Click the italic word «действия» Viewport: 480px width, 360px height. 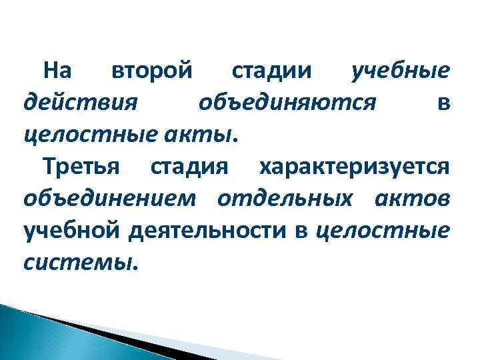[80, 103]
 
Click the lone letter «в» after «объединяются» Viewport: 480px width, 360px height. [443, 103]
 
